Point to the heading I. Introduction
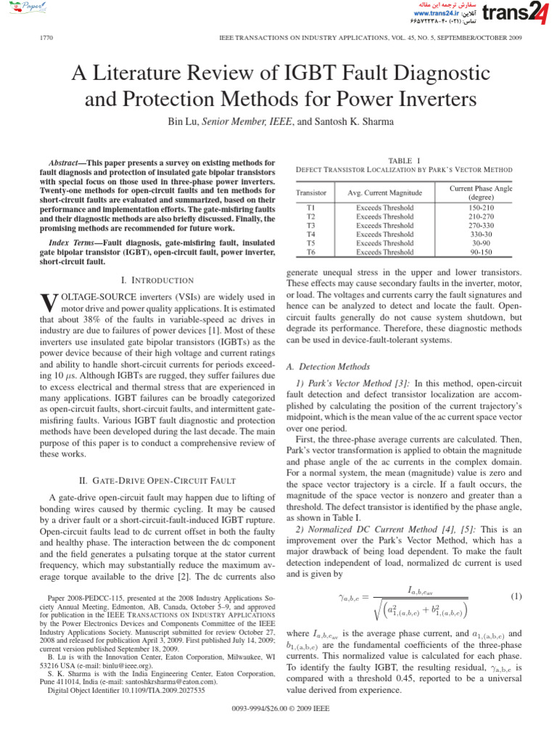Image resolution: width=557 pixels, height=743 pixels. tap(157, 280)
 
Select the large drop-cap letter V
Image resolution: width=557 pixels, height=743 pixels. tap(46, 303)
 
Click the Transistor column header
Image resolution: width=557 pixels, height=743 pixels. tap(311, 193)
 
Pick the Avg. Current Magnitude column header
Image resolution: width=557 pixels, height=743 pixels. tap(384, 193)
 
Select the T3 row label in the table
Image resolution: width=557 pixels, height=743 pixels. tap(311, 225)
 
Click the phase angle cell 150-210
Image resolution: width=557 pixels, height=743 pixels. tap(481, 208)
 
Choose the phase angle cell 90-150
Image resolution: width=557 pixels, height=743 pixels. tap(481, 252)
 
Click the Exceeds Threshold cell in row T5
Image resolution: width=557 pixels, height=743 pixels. tap(384, 243)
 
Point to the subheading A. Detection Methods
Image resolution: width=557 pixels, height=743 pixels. tap(329, 367)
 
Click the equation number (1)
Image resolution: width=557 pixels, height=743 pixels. tap(516, 596)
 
